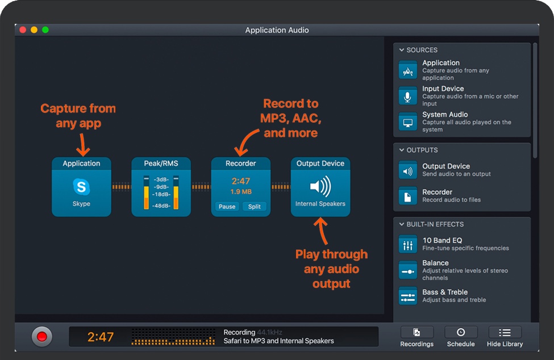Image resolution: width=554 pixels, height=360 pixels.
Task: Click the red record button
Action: (x=41, y=336)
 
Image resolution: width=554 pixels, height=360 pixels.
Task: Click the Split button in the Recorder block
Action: (x=255, y=207)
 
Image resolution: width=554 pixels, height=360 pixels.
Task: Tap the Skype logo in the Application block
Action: (x=81, y=187)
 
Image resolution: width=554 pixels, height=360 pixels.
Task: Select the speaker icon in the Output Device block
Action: (x=320, y=187)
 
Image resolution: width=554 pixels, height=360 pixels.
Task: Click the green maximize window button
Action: (x=45, y=30)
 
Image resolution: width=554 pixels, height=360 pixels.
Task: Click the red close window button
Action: (x=23, y=30)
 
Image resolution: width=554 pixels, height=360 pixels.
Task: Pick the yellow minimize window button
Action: (x=34, y=30)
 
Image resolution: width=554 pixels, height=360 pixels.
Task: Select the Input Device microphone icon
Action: (x=408, y=96)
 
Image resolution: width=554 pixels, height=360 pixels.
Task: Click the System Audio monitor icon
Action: (x=408, y=122)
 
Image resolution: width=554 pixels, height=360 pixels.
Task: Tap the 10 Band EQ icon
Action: (x=408, y=245)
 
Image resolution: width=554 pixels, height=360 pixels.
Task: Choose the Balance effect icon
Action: (x=408, y=270)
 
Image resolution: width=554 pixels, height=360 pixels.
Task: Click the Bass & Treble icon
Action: (x=408, y=296)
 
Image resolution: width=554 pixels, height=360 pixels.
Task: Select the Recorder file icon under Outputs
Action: (x=408, y=195)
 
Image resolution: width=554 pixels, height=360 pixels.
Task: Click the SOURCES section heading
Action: (x=422, y=50)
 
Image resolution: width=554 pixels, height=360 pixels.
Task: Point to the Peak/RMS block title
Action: (x=161, y=164)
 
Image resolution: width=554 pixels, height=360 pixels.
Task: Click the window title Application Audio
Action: (x=277, y=30)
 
